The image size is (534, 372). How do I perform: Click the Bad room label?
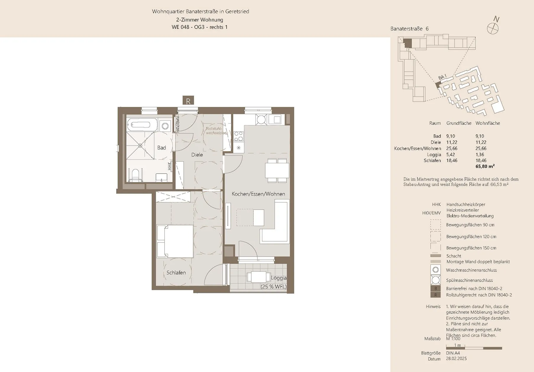click(162, 148)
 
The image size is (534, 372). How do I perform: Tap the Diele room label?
click(197, 155)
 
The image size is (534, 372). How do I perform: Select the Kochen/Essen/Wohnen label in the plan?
click(258, 194)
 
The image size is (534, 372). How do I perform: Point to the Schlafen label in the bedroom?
click(176, 273)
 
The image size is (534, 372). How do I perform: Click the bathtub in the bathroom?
click(142, 125)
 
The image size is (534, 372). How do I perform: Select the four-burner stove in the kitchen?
click(239, 136)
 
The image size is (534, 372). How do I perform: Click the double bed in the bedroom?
click(175, 241)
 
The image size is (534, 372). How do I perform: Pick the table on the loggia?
click(259, 277)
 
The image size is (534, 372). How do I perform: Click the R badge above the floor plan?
click(188, 101)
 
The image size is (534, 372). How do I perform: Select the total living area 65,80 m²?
click(485, 167)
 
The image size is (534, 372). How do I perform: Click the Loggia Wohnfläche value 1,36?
click(480, 154)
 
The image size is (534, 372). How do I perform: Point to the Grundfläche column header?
click(459, 123)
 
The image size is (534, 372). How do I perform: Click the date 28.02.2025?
click(456, 359)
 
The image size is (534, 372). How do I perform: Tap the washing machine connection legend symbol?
click(435, 270)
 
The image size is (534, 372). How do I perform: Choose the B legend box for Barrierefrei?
click(436, 289)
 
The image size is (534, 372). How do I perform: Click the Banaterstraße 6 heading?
click(409, 29)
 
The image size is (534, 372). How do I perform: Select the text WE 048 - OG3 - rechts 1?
click(200, 27)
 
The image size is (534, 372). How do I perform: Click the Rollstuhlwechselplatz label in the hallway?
click(217, 131)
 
